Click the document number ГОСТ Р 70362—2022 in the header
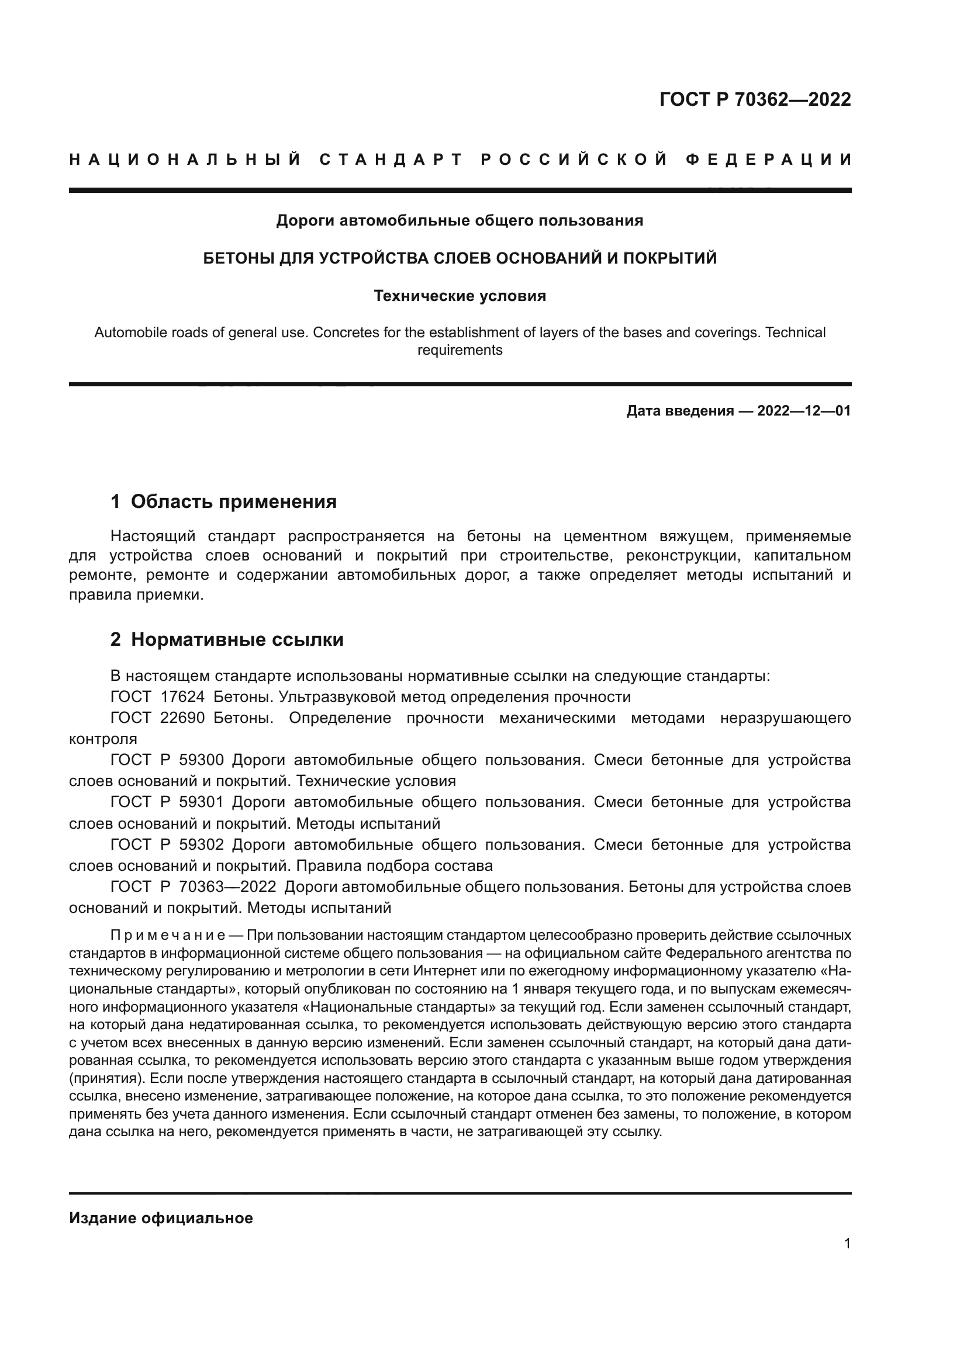tap(755, 99)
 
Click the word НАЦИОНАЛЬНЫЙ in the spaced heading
tap(185, 160)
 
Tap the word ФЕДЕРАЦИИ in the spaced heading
tap(769, 160)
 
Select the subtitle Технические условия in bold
tap(460, 296)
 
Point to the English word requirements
tap(460, 350)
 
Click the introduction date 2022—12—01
tap(804, 411)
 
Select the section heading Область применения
tap(233, 501)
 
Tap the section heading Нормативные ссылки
tap(237, 639)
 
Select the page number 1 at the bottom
tap(847, 1243)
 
